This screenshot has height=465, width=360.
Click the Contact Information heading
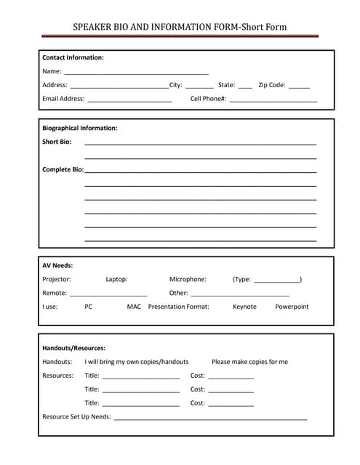tap(73, 57)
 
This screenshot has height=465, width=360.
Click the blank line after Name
tap(136, 73)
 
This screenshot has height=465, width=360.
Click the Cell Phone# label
tap(208, 98)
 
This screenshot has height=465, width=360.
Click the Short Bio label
tap(57, 142)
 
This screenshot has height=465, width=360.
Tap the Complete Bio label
tap(63, 169)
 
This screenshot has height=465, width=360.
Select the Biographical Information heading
tap(79, 128)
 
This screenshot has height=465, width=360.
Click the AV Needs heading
tap(57, 265)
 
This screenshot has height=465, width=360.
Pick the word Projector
tap(57, 279)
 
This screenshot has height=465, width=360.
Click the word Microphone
tap(188, 279)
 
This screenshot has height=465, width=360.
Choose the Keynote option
tap(244, 307)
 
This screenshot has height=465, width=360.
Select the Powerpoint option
tap(292, 307)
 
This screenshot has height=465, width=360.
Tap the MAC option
tap(134, 307)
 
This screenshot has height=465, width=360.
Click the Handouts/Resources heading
tap(73, 348)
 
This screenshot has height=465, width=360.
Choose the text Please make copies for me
tap(249, 362)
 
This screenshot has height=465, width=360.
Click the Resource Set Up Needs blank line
tap(210, 419)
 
